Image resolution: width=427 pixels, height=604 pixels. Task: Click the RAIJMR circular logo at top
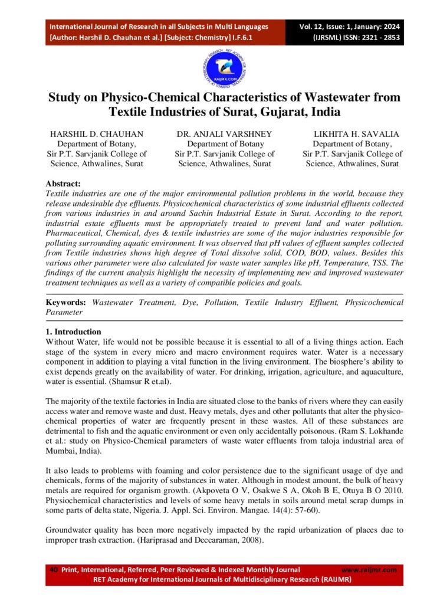213,68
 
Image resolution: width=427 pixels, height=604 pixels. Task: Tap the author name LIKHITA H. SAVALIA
352,134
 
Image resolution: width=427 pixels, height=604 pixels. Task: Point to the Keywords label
66,303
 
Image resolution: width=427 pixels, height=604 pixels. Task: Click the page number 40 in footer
53,570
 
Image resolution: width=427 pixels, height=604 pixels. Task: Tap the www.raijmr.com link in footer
369,570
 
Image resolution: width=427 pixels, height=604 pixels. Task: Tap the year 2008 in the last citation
251,540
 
